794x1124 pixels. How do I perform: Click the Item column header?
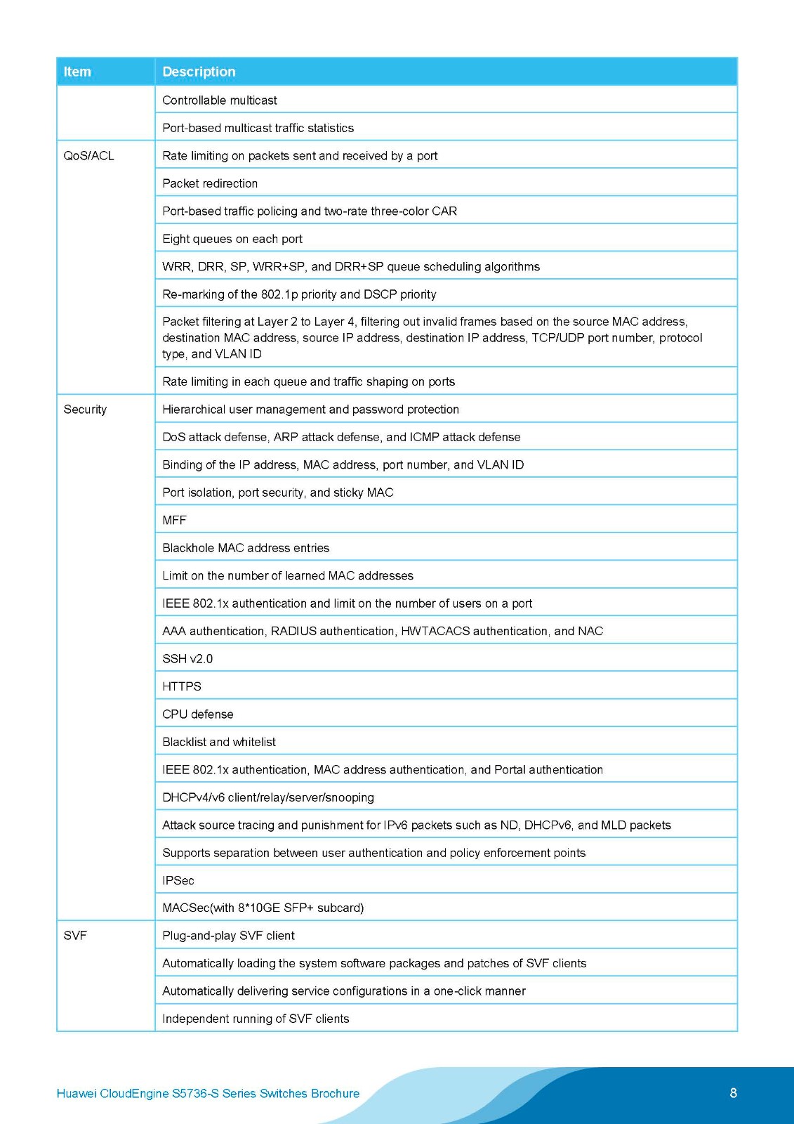pos(77,72)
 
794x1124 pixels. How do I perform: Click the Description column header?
pos(199,72)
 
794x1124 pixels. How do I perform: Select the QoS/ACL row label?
pos(88,156)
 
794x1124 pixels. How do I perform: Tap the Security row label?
pos(85,410)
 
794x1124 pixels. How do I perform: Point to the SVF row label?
pos(75,936)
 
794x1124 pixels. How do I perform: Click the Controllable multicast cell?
pos(220,100)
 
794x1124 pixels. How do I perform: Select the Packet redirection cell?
pos(210,183)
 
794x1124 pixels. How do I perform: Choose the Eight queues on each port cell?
pos(232,239)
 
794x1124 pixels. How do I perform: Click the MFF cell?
pos(174,521)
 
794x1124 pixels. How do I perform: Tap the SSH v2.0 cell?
pos(187,659)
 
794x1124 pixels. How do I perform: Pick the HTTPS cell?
pos(182,686)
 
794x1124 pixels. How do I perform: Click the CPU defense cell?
pos(198,714)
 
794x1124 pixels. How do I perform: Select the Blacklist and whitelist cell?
pos(219,742)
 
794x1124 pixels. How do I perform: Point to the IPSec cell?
pos(178,881)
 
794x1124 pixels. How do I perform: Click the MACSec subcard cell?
pos(263,908)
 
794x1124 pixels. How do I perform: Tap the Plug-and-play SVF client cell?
pos(228,936)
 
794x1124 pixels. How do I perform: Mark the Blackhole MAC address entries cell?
pos(246,548)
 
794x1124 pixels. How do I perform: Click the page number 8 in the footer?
pos(734,1093)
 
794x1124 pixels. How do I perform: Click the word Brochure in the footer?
pos(335,1094)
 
